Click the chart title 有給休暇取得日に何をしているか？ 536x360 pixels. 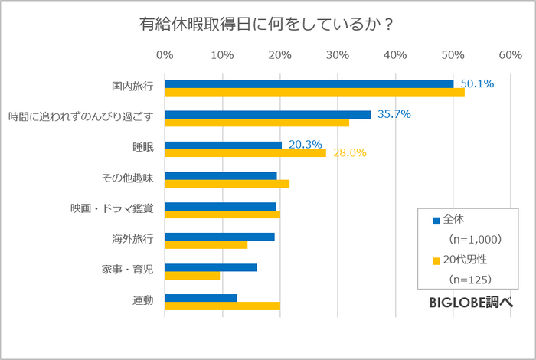click(x=267, y=24)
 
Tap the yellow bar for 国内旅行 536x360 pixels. click(x=315, y=92)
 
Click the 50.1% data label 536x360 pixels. click(x=476, y=83)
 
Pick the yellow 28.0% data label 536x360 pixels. click(x=349, y=153)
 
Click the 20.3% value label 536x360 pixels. click(x=305, y=144)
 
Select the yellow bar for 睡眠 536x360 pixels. click(x=245, y=153)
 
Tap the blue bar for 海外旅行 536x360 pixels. click(x=219, y=237)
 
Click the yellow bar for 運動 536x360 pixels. click(x=222, y=306)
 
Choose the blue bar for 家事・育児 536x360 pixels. click(x=211, y=267)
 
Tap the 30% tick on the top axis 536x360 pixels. click(x=338, y=55)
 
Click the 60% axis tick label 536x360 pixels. click(x=510, y=55)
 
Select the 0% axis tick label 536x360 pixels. click(x=165, y=55)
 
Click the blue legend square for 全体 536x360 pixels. click(x=436, y=221)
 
